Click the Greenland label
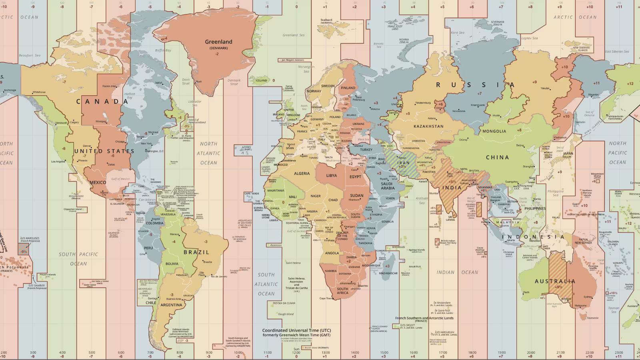click(218, 42)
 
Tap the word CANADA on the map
click(102, 102)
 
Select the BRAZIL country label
click(196, 252)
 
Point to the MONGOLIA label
click(494, 131)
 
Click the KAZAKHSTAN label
click(428, 126)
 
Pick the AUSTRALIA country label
click(555, 281)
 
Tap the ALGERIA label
click(302, 174)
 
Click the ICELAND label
click(261, 80)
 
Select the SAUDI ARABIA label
click(387, 186)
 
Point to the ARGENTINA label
click(171, 305)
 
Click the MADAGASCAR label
click(388, 273)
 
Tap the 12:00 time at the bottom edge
click(296, 352)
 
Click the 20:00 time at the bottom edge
click(530, 353)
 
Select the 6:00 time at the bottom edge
click(121, 353)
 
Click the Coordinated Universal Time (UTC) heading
click(296, 331)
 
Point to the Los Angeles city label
click(58, 162)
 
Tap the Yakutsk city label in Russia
click(545, 88)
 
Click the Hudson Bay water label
click(130, 96)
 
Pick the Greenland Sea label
click(293, 35)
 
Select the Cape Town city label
click(326, 298)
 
